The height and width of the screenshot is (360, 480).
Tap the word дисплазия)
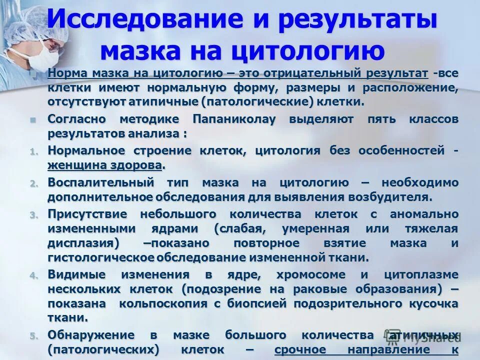[x=83, y=243]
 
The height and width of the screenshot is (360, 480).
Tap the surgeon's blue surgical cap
[x=27, y=22]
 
